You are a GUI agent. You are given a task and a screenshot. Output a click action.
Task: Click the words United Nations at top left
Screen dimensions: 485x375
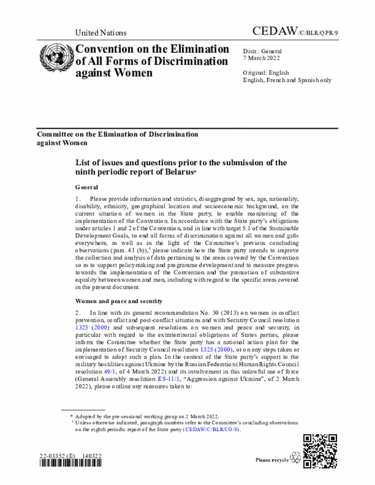point(101,33)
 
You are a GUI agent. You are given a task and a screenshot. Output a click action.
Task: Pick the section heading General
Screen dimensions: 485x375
point(87,187)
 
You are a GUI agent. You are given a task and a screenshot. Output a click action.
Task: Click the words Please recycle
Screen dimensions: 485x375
point(272,460)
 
